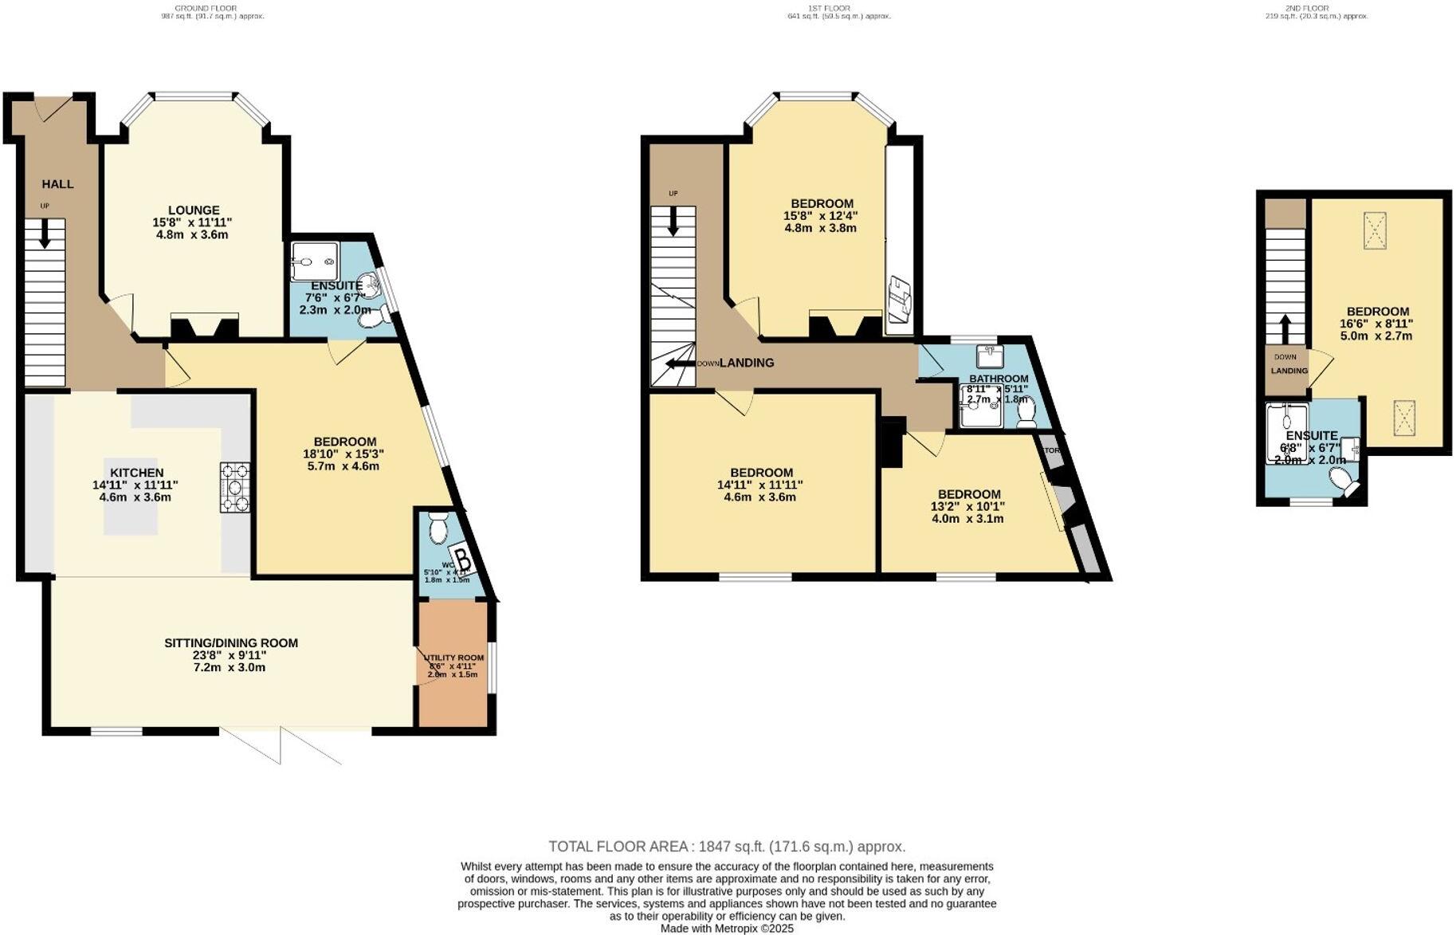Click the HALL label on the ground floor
pos(57,184)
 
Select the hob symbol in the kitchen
pos(235,487)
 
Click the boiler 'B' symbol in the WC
pos(463,560)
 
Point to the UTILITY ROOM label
pos(453,658)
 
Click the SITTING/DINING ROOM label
pos(231,642)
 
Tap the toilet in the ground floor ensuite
pos(374,318)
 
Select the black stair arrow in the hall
pos(45,232)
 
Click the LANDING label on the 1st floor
pos(747,363)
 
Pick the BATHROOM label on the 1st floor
pos(999,379)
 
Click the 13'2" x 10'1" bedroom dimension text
pos(967,506)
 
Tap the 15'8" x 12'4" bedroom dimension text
pos(821,215)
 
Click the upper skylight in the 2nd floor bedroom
pos(1375,230)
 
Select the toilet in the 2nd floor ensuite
pos(1344,481)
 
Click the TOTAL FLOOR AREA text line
pos(727,847)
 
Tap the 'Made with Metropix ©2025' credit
pos(727,929)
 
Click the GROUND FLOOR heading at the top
pos(212,8)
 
